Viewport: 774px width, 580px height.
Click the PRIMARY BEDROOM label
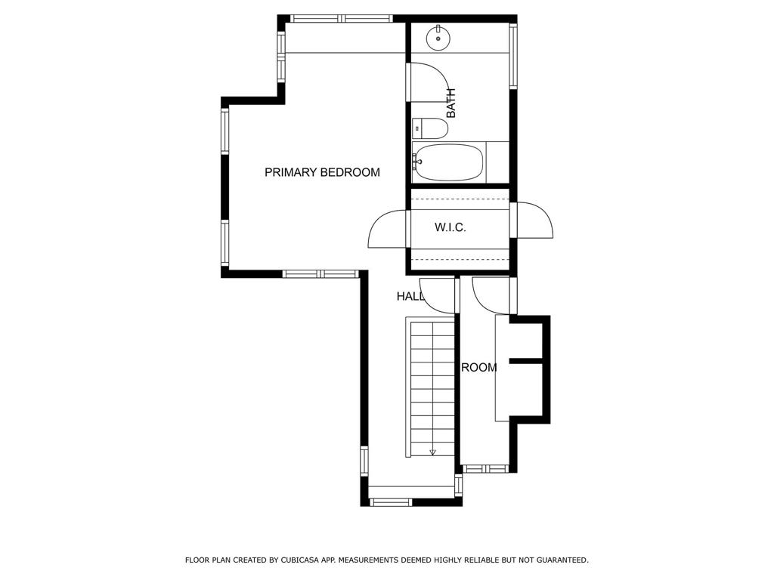pos(322,172)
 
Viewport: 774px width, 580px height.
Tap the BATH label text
pos(450,103)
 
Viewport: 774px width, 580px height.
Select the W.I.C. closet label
pos(450,227)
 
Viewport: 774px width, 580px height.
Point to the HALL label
pos(410,296)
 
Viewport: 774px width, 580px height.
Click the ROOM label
pos(478,368)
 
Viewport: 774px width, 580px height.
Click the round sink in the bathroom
pos(438,38)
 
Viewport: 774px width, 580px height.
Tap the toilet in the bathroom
pos(430,128)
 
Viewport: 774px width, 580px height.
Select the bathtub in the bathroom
pos(448,162)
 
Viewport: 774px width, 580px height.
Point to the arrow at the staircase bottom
pos(433,452)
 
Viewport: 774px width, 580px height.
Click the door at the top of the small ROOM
pos(490,296)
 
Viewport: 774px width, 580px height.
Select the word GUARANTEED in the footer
pos(562,560)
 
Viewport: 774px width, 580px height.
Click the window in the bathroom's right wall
pos(513,56)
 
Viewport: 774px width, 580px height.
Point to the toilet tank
pos(417,128)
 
